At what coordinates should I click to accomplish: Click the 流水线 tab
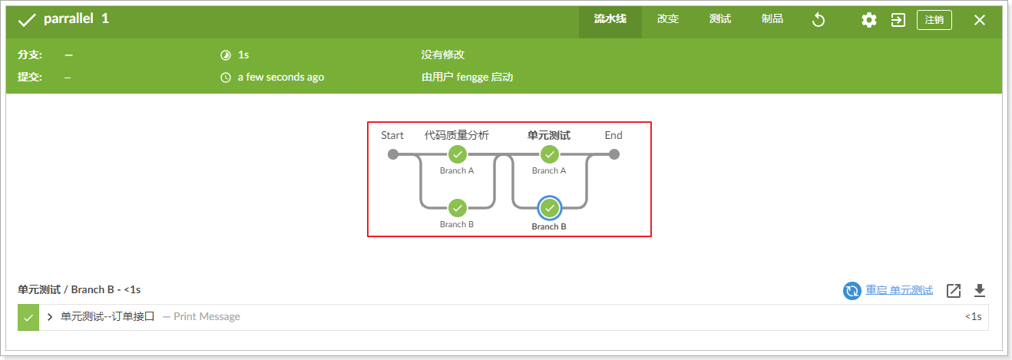610,19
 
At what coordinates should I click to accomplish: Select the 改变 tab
668,19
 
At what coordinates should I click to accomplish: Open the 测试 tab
719,19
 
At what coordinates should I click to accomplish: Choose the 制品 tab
772,19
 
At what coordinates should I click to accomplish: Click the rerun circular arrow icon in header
819,20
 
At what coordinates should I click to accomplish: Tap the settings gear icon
868,20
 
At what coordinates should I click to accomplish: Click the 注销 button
934,20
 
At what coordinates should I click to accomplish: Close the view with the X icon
980,20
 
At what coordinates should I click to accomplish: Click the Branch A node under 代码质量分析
457,154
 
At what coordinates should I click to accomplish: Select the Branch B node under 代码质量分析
457,208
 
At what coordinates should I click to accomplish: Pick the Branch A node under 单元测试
549,154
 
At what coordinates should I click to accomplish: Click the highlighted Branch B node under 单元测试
549,208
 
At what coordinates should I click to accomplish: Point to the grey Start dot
393,154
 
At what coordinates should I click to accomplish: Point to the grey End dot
613,154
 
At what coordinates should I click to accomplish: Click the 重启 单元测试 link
898,290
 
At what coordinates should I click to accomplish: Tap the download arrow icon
979,290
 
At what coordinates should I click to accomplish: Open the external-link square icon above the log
953,290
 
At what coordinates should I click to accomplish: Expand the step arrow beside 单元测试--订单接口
50,316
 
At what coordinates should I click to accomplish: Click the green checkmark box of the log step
28,317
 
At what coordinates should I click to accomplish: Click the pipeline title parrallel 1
76,18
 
